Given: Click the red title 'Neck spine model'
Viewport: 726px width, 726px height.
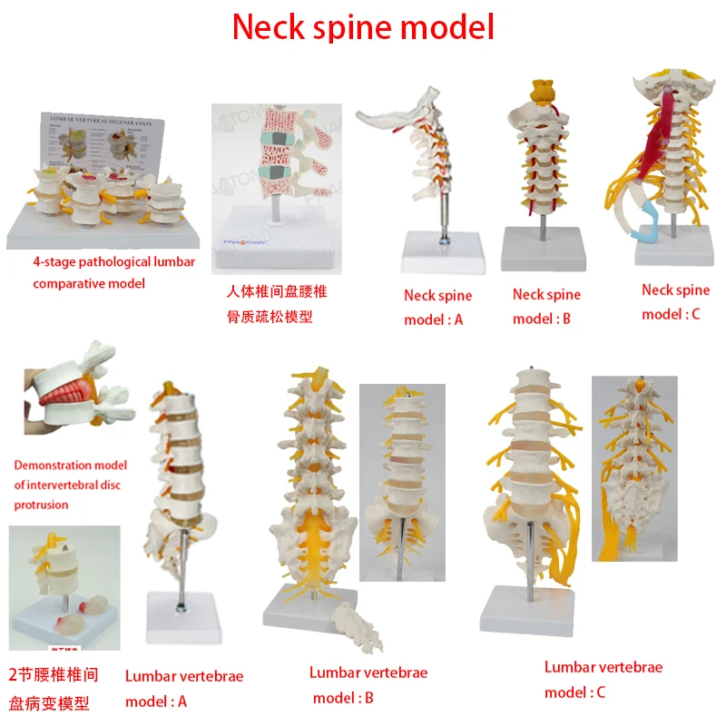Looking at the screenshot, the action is (x=363, y=27).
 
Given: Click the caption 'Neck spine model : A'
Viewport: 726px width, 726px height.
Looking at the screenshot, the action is (x=437, y=308).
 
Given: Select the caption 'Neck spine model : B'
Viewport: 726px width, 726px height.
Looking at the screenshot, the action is (x=545, y=306).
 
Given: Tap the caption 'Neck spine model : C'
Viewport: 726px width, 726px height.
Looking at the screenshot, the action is (x=675, y=302).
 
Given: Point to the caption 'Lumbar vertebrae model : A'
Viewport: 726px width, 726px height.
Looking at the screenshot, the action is (x=184, y=689).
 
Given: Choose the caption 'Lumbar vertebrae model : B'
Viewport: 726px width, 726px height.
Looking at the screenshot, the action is (x=368, y=685).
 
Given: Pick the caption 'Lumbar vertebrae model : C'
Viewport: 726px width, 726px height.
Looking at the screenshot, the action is (x=603, y=680).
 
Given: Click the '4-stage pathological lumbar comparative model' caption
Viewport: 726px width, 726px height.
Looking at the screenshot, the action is (x=113, y=273).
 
